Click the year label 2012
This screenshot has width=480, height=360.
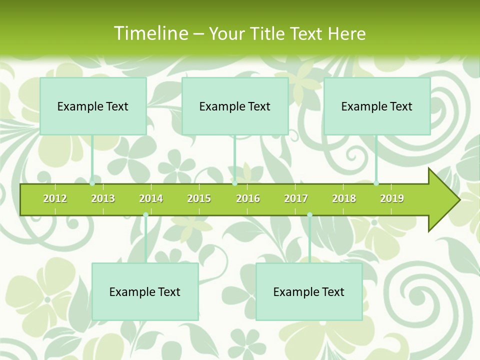pyautogui.click(x=55, y=198)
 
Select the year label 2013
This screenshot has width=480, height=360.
pyautogui.click(x=103, y=198)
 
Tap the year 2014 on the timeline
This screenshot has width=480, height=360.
pyautogui.click(x=151, y=198)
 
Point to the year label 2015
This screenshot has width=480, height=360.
pyautogui.click(x=199, y=198)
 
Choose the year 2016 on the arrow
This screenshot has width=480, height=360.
pyautogui.click(x=248, y=198)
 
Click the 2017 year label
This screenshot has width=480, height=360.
pyautogui.click(x=296, y=198)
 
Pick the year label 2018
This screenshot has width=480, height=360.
pyautogui.click(x=344, y=198)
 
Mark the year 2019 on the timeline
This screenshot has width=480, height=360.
pyautogui.click(x=392, y=198)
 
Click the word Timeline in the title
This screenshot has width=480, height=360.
pyautogui.click(x=150, y=33)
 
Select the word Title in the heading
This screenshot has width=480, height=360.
pyautogui.click(x=268, y=33)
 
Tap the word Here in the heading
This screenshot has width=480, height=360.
pyautogui.click(x=346, y=33)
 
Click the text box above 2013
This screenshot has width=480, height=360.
pyautogui.click(x=93, y=106)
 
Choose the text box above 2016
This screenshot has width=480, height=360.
pyautogui.click(x=235, y=106)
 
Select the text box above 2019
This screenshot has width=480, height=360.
pyautogui.click(x=377, y=106)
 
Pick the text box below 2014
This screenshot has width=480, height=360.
pyautogui.click(x=145, y=291)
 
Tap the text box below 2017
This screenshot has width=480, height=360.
pyautogui.click(x=309, y=291)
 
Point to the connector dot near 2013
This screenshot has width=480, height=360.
pyautogui.click(x=92, y=183)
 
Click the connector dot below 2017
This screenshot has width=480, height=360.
pyautogui.click(x=309, y=215)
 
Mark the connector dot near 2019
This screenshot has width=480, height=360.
pyautogui.click(x=376, y=183)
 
